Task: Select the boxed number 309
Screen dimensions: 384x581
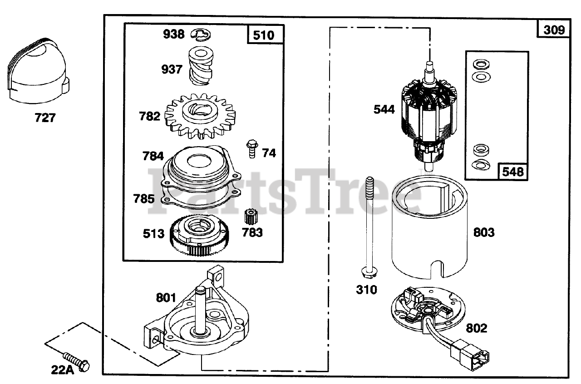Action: (554, 30)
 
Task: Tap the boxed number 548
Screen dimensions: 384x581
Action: (512, 172)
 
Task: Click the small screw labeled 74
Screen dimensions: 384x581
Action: (251, 149)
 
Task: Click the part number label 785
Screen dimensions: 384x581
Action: (143, 199)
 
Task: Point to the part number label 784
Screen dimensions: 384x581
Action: (153, 156)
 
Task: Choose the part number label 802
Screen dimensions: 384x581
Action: (476, 328)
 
